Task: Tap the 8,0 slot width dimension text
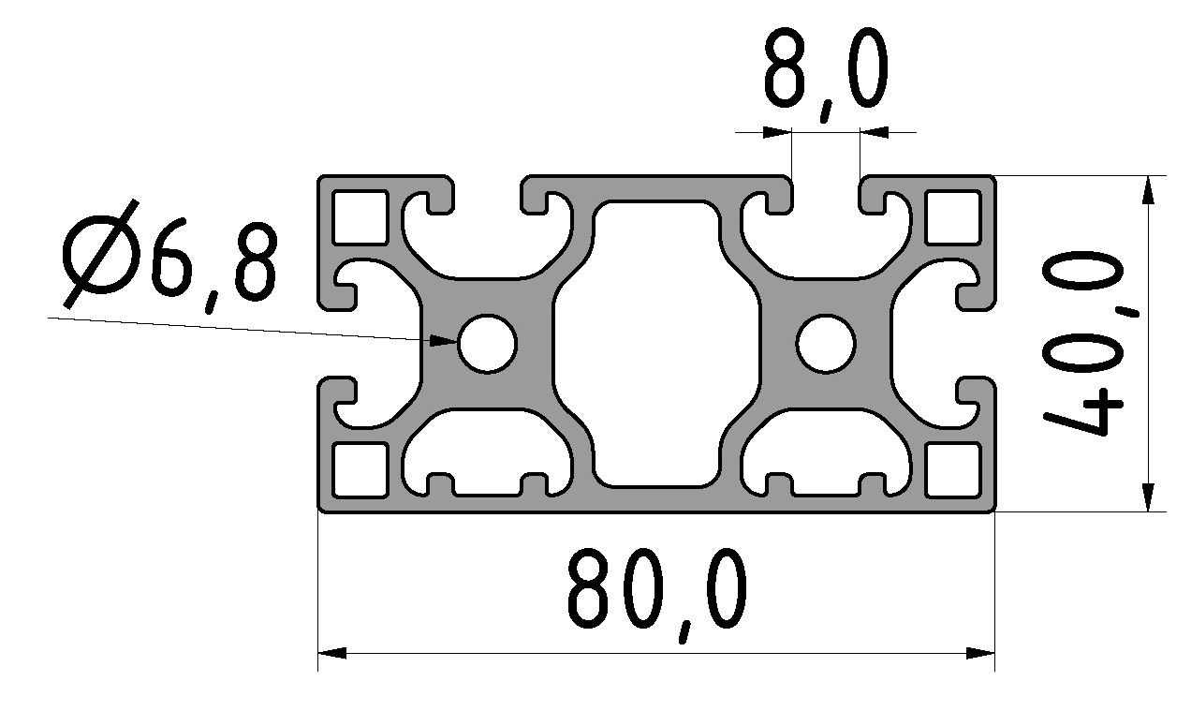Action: click(826, 74)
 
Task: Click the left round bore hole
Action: click(487, 344)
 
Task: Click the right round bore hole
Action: click(826, 344)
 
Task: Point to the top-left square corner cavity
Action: click(360, 217)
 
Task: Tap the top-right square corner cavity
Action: click(953, 217)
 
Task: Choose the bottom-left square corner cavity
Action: click(360, 470)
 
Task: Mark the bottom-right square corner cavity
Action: click(953, 470)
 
